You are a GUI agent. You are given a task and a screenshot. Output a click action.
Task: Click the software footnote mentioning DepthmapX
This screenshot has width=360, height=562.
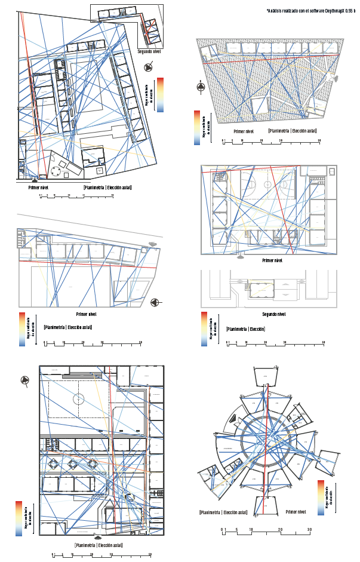[310, 11]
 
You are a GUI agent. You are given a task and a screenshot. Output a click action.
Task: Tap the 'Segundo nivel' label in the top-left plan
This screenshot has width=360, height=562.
[149, 52]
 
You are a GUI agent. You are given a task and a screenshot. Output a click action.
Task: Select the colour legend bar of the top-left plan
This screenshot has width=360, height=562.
[160, 95]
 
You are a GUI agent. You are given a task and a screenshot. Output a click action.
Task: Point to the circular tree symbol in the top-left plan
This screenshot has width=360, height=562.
[56, 172]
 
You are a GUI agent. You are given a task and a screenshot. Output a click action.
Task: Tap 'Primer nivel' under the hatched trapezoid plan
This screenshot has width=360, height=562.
[244, 131]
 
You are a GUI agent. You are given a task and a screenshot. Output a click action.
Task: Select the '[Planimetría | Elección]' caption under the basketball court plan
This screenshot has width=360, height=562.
[245, 329]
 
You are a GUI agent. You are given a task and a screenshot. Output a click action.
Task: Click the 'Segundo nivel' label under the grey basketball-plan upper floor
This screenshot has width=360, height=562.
[275, 314]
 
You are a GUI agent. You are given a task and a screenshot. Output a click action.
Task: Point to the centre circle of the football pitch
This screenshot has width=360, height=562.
[78, 398]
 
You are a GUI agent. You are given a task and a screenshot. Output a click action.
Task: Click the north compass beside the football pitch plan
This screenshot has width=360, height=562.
[25, 380]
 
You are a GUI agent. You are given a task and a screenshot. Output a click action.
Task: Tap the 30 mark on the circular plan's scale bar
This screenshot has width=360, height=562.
[309, 530]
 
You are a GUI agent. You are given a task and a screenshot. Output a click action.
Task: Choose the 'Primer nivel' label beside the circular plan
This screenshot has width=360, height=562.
[296, 512]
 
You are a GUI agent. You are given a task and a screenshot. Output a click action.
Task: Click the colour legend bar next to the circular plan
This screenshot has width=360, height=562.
[321, 497]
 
